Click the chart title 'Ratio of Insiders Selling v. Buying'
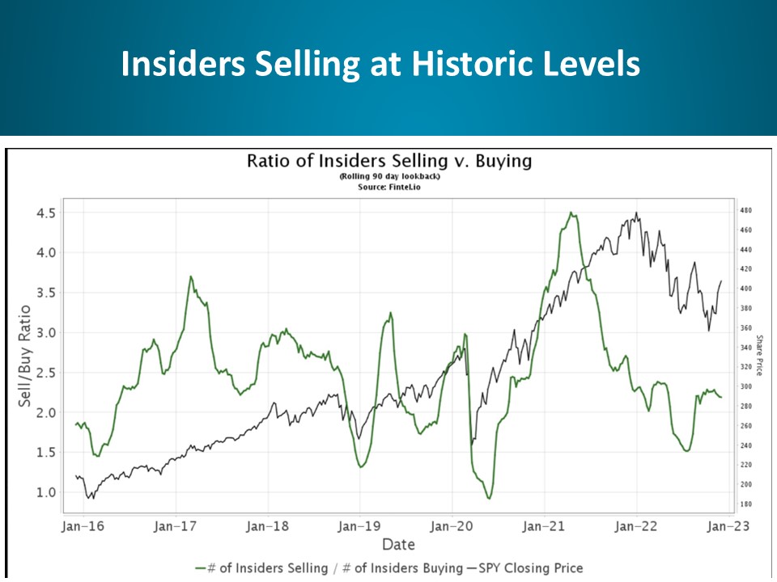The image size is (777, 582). (x=389, y=161)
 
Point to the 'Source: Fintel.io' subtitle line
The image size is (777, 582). (x=389, y=187)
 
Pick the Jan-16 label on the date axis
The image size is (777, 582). (x=83, y=527)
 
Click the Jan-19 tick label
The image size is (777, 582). (x=359, y=527)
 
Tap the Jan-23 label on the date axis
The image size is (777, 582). (x=728, y=527)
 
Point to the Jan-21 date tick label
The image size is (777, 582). (x=544, y=527)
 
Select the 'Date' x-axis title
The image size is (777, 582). (x=398, y=544)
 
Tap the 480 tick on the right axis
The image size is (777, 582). (x=745, y=210)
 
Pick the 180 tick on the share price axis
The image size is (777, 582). (x=745, y=504)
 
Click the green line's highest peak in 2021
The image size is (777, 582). (x=571, y=213)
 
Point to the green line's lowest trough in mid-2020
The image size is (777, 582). (x=489, y=498)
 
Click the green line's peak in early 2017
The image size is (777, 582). (x=191, y=276)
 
